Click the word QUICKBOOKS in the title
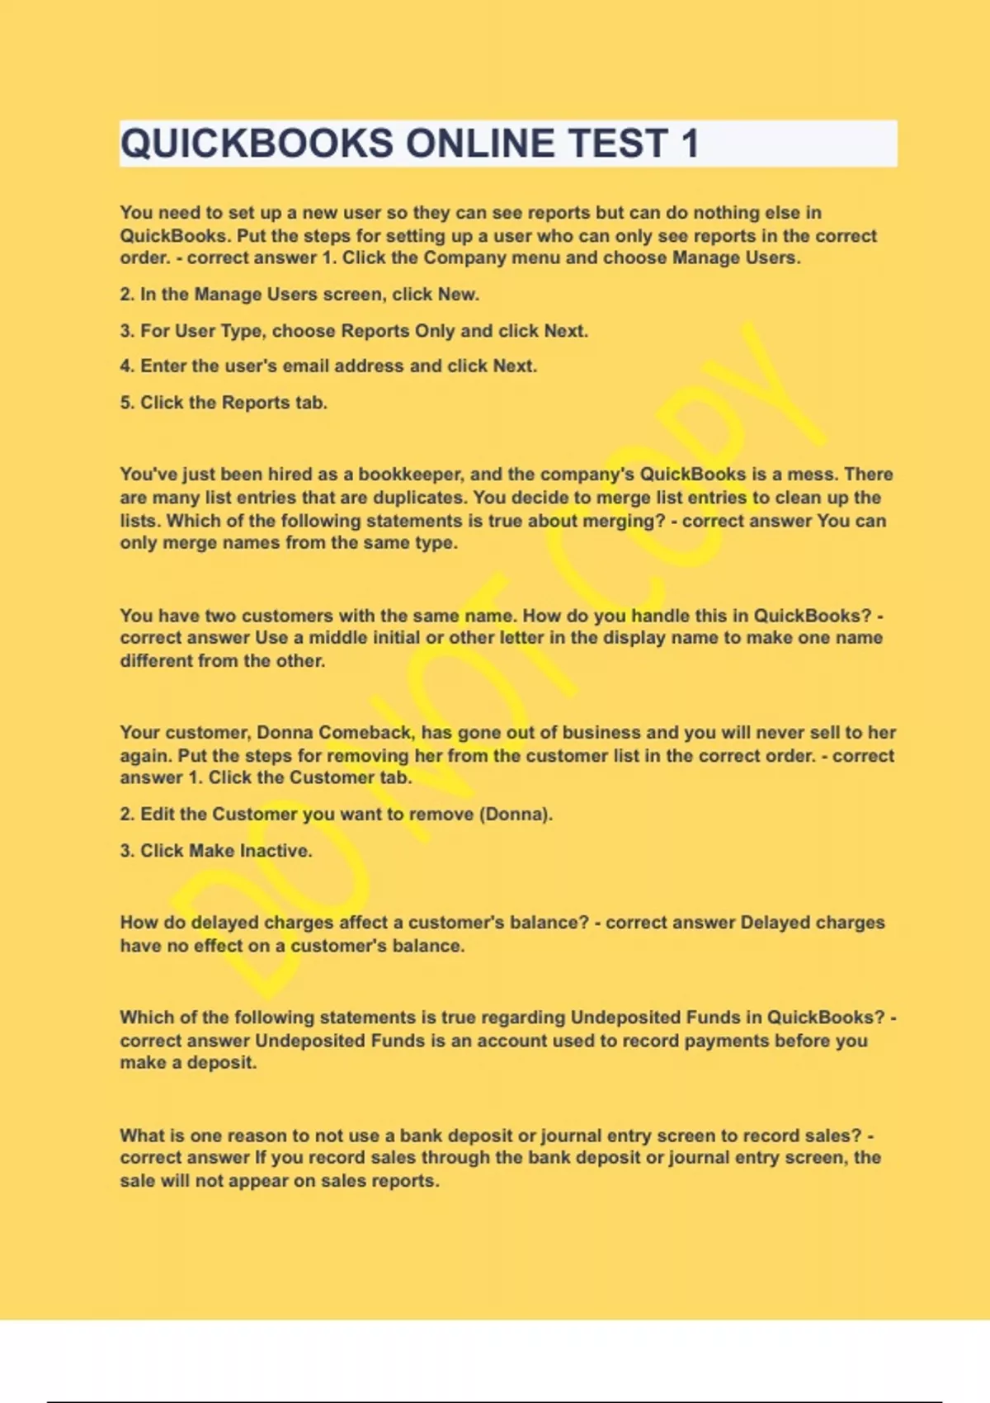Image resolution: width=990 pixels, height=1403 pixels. click(x=257, y=144)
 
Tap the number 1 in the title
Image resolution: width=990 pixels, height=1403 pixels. click(x=690, y=144)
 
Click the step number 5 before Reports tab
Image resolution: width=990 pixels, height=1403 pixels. click(x=125, y=403)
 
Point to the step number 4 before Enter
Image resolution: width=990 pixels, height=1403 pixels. click(x=125, y=366)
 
